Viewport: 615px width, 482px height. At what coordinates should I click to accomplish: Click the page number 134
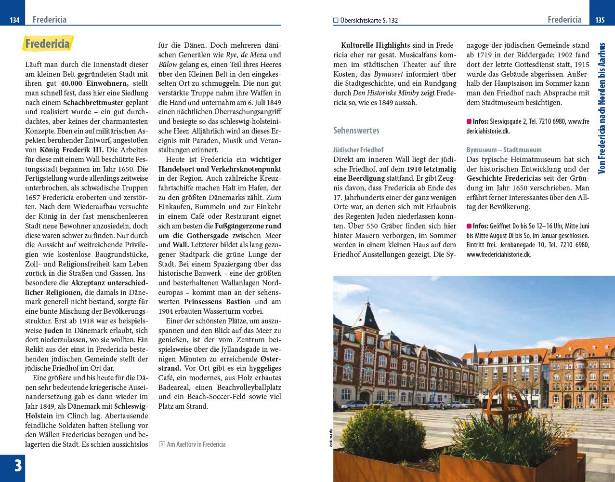pyautogui.click(x=14, y=20)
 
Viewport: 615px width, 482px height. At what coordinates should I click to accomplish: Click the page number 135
pyautogui.click(x=600, y=20)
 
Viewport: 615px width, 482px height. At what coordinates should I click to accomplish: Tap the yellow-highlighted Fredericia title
pyautogui.click(x=48, y=44)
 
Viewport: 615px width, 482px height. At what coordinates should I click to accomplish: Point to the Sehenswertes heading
pyautogui.click(x=356, y=130)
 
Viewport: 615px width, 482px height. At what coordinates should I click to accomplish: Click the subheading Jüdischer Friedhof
pyautogui.click(x=358, y=150)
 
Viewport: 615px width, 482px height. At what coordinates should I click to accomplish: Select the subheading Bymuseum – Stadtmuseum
pyautogui.click(x=504, y=150)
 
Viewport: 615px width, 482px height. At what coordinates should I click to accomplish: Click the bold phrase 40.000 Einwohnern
pyautogui.click(x=96, y=83)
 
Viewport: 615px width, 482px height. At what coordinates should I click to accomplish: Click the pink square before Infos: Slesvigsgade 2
pyautogui.click(x=469, y=121)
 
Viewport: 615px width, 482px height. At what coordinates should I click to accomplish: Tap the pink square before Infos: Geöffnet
pyautogui.click(x=469, y=226)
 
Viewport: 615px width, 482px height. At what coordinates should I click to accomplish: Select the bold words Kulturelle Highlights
pyautogui.click(x=375, y=45)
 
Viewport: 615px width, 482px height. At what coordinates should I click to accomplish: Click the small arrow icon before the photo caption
pyautogui.click(x=162, y=444)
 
